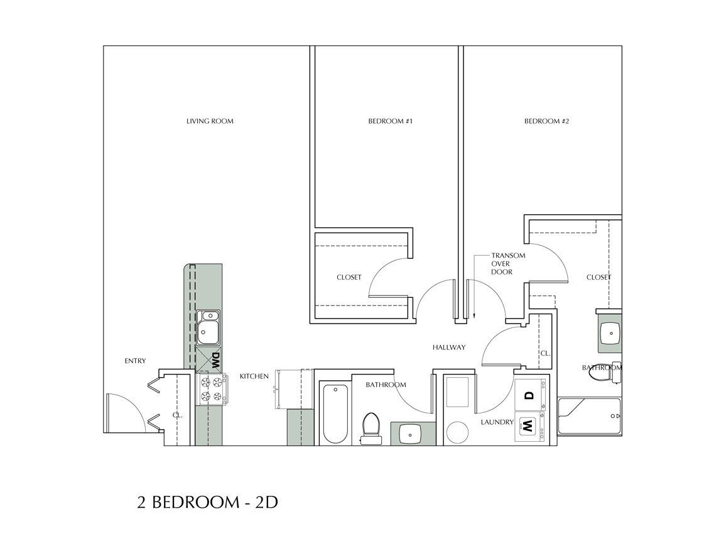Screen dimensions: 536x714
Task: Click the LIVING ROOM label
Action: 210,121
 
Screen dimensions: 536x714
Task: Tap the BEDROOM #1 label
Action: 389,121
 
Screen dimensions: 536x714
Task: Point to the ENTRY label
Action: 135,361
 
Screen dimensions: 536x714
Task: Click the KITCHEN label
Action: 254,376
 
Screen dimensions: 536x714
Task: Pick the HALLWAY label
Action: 448,347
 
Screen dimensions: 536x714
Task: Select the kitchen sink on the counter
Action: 208,328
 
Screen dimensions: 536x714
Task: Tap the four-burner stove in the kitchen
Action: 210,389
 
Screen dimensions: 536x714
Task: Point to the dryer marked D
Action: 529,395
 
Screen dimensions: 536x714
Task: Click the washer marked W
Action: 529,427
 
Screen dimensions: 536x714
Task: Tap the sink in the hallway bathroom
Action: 412,434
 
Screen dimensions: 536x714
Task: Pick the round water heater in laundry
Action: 457,432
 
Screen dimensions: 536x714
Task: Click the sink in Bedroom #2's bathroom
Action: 609,333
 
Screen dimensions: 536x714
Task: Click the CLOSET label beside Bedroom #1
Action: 349,277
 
